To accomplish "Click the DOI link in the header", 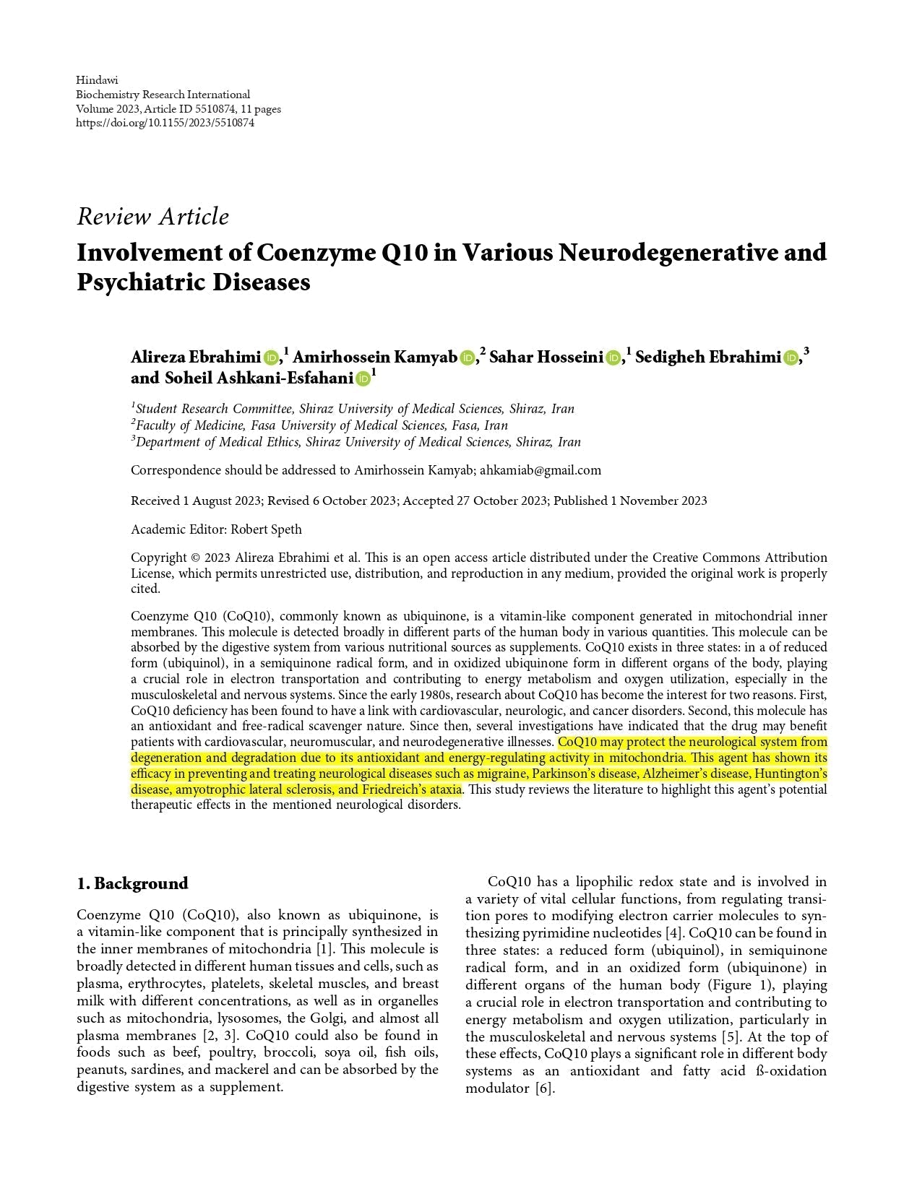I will (165, 123).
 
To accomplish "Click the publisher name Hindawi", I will (97, 80).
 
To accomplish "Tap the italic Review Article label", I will (152, 217).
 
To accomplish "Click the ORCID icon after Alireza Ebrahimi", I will (272, 358).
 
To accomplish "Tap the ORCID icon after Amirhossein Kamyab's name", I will (468, 358).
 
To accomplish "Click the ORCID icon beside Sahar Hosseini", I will (614, 358).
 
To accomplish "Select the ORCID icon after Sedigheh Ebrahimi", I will (791, 358).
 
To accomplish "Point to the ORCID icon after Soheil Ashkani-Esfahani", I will (363, 378).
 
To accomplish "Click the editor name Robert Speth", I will (266, 529).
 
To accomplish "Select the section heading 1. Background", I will (132, 883).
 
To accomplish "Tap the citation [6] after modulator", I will (544, 1088).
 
